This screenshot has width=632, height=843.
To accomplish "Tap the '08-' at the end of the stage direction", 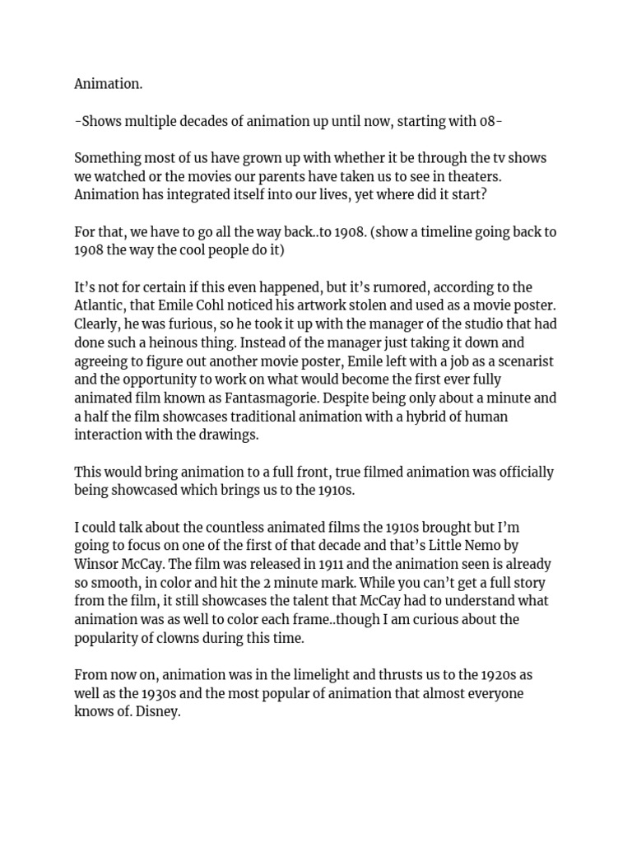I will pos(490,121).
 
